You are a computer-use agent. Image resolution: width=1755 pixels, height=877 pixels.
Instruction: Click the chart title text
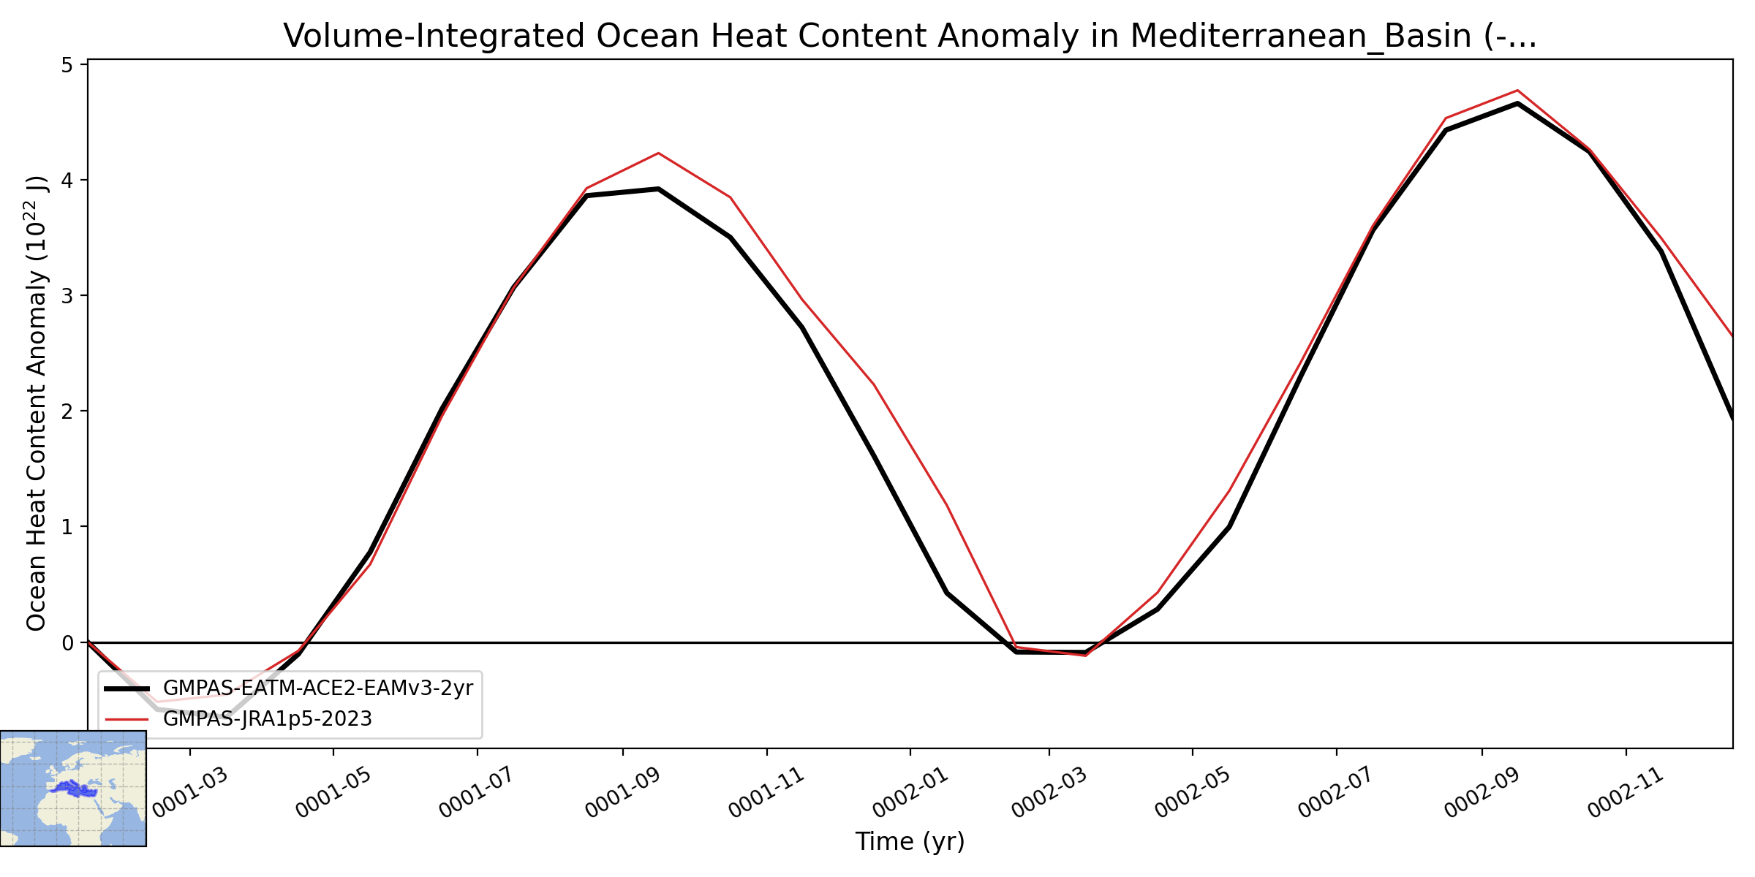[x=910, y=36]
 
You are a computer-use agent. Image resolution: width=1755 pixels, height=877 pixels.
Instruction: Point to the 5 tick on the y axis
[x=67, y=66]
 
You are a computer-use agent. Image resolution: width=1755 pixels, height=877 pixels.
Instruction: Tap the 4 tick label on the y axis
[x=67, y=181]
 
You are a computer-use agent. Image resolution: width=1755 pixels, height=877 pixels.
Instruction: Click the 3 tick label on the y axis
[x=67, y=296]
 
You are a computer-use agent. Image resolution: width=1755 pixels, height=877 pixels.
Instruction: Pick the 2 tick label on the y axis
[x=67, y=411]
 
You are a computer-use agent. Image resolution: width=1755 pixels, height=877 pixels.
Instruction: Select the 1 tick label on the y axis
[x=67, y=527]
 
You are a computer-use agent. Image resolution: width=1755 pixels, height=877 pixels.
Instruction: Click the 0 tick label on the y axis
[x=67, y=643]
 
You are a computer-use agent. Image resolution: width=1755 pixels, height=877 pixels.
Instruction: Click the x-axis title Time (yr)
[x=910, y=842]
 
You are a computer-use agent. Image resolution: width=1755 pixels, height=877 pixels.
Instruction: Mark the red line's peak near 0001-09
[x=658, y=153]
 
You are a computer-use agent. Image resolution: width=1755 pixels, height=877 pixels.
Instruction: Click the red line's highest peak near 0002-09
[x=1518, y=91]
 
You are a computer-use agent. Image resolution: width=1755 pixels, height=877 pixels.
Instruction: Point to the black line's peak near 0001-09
[x=658, y=189]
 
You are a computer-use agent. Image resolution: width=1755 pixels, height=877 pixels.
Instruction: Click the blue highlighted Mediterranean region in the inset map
[x=74, y=789]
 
